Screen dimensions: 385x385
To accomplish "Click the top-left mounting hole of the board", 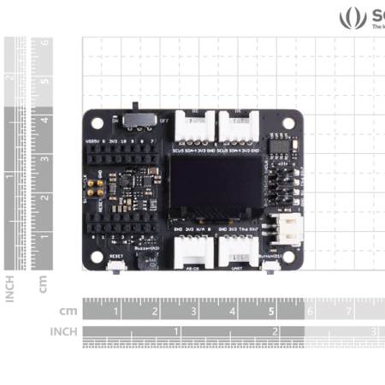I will click(x=97, y=122).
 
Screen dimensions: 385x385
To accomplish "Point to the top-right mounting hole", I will click(x=288, y=122).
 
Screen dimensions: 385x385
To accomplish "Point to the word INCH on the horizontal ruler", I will click(x=63, y=331).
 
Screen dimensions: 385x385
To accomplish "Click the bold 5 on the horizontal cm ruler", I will click(x=271, y=312).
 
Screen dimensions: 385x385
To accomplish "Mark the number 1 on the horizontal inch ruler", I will click(x=177, y=330).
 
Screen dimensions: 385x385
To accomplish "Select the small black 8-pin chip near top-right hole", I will click(x=281, y=148).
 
